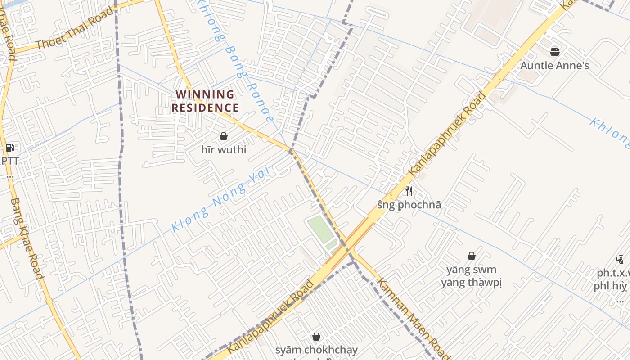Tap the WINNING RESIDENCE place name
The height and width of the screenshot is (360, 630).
point(205,101)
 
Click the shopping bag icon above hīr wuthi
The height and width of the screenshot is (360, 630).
point(223,136)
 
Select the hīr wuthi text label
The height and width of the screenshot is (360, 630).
point(224,149)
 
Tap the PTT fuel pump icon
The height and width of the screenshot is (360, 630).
point(9,148)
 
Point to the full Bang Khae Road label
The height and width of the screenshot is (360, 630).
point(27,238)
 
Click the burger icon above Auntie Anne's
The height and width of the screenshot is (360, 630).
point(554,52)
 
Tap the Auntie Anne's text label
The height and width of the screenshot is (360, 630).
point(554,66)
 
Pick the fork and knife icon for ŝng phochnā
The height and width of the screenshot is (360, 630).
point(409,191)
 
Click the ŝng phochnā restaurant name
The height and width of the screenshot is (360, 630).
point(409,205)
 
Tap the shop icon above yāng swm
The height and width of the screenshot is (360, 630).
point(471,256)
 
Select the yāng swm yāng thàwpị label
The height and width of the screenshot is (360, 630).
point(471,276)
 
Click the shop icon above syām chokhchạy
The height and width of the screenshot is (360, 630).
point(316,337)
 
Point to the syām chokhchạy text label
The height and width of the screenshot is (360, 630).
point(316,350)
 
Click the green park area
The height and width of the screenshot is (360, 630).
point(321,229)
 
